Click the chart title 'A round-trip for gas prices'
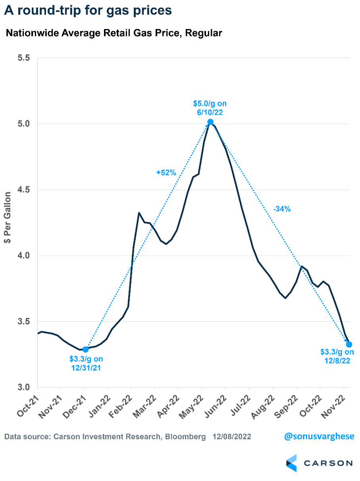click(x=88, y=11)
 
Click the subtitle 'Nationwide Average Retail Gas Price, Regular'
click(x=114, y=33)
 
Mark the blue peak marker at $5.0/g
click(x=210, y=122)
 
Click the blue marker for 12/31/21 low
click(x=85, y=350)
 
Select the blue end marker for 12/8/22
click(x=349, y=344)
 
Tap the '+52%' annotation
click(x=166, y=173)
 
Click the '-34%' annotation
click(x=282, y=209)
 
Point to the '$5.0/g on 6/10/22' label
click(x=210, y=108)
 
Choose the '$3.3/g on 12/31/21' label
click(x=86, y=363)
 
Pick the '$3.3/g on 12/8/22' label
click(x=337, y=356)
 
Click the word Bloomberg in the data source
click(x=185, y=437)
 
